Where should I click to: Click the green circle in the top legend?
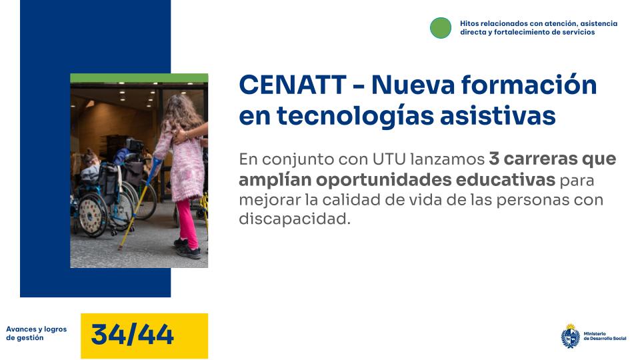(441, 27)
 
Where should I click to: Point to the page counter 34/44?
(132, 335)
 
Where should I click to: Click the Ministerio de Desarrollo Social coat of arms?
(570, 335)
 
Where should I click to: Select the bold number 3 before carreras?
(494, 160)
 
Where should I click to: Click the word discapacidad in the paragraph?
(294, 219)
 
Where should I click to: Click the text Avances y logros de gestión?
(36, 333)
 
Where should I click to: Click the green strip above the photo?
(139, 78)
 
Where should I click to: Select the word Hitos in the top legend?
(469, 23)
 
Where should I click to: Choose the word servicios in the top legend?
(579, 32)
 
